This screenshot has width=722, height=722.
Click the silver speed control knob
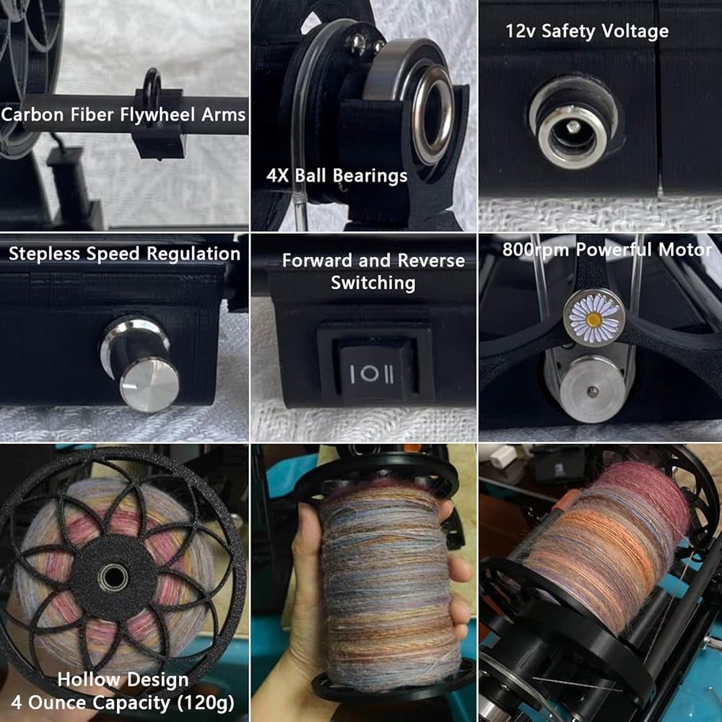point(142,365)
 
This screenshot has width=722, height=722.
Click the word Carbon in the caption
point(32,114)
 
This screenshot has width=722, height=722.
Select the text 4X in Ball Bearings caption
point(277,175)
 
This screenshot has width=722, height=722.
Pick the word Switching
point(373,283)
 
